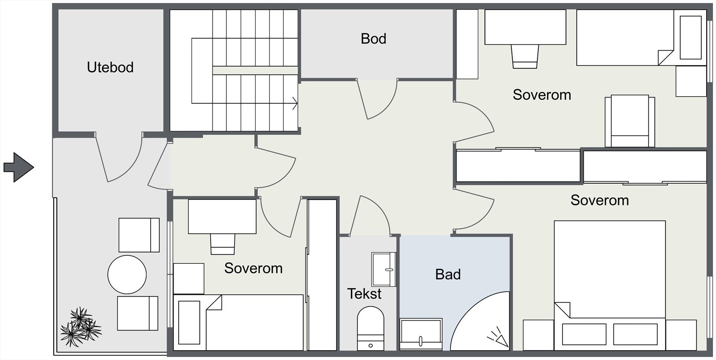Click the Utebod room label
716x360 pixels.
(x=110, y=68)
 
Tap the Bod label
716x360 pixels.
(x=373, y=38)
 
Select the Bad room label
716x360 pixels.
(x=448, y=275)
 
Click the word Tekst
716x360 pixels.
(x=364, y=294)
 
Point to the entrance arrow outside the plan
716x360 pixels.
(x=18, y=167)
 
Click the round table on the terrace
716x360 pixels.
(x=127, y=275)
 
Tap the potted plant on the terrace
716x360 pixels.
(x=81, y=326)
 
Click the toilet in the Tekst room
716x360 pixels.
(x=371, y=328)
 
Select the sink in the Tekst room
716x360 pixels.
(x=384, y=269)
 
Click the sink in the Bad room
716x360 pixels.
(x=421, y=334)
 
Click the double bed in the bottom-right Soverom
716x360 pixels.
(x=610, y=285)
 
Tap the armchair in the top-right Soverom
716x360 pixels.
(x=630, y=121)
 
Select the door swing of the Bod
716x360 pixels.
(x=378, y=99)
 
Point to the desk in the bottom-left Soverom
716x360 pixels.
(x=222, y=216)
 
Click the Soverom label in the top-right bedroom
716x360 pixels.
(x=542, y=95)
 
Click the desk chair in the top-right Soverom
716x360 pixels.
(x=525, y=56)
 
